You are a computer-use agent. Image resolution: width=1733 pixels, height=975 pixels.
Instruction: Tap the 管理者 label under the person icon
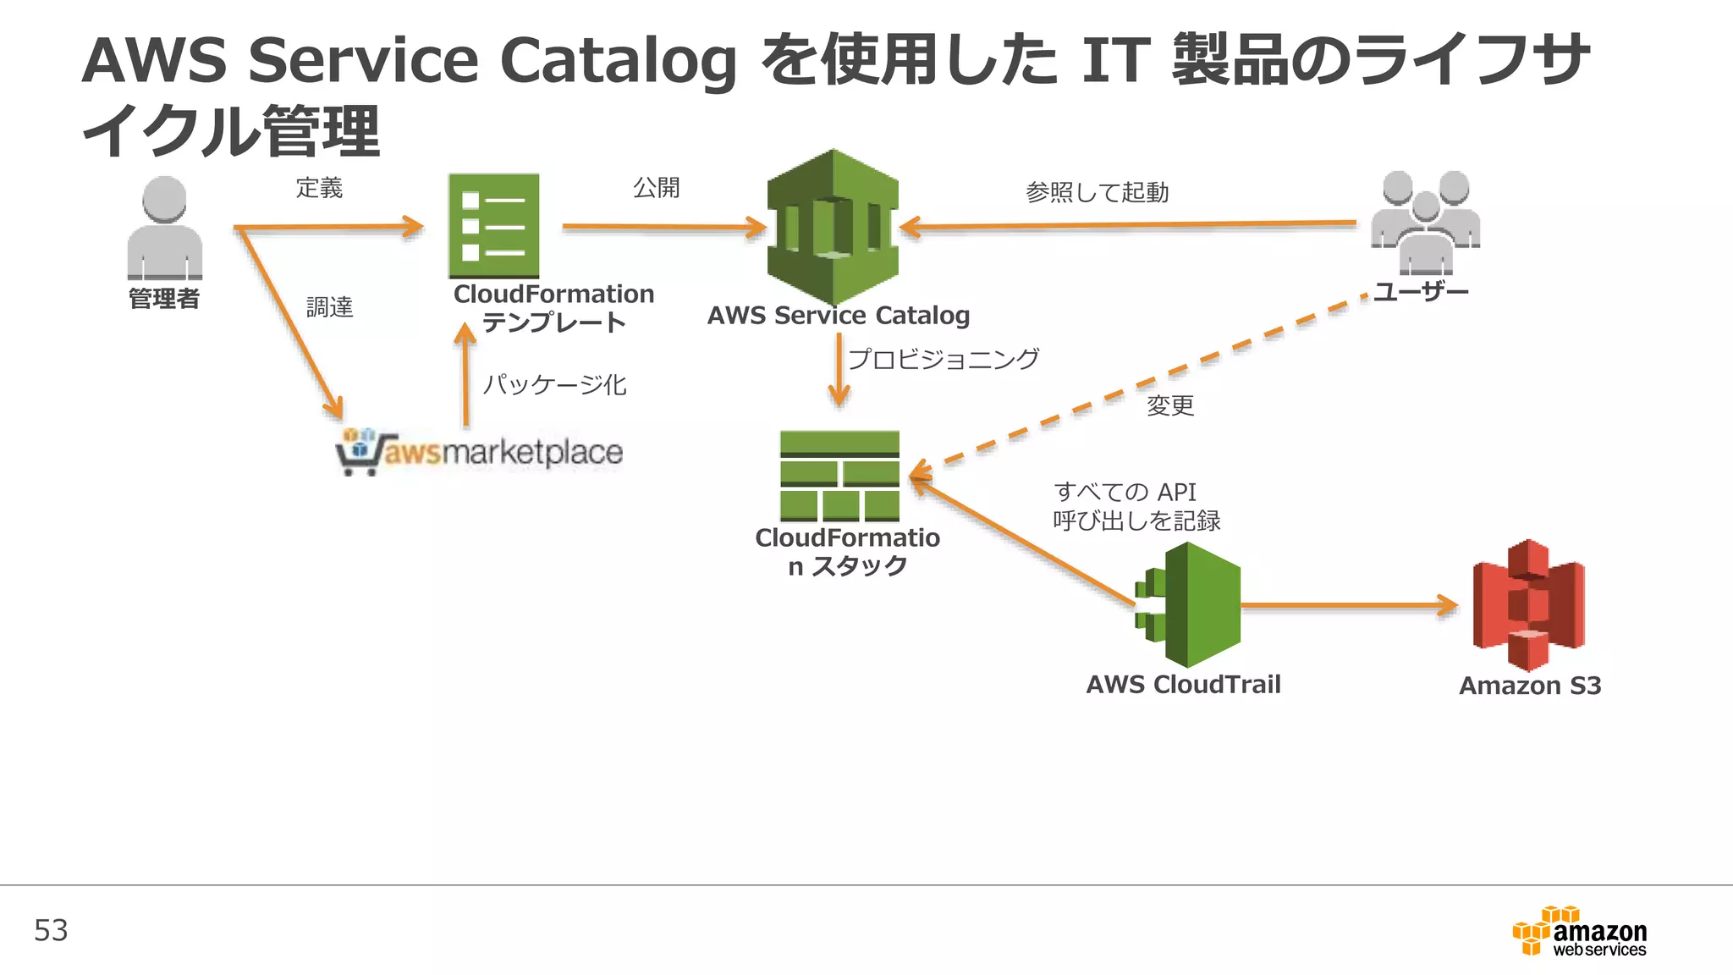click(x=164, y=299)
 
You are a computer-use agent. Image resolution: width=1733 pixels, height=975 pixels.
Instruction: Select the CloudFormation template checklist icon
click(x=493, y=226)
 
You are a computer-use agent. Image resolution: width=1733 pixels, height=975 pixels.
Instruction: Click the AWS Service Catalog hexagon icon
click(x=833, y=227)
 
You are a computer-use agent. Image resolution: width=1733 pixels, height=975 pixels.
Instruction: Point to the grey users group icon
click(x=1425, y=222)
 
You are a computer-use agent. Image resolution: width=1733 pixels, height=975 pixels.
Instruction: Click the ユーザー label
click(x=1421, y=292)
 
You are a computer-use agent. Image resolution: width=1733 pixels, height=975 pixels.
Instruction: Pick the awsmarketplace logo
click(x=480, y=451)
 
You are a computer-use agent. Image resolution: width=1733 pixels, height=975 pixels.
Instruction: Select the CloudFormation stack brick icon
click(x=839, y=476)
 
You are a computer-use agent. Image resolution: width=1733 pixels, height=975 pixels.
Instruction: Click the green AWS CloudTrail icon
click(x=1189, y=604)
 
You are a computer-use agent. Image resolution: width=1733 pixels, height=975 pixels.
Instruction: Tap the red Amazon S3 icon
click(x=1528, y=604)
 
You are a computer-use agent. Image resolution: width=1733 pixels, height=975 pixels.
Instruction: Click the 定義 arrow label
click(x=319, y=188)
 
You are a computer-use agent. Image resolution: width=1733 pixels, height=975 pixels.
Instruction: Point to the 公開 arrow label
click(x=657, y=188)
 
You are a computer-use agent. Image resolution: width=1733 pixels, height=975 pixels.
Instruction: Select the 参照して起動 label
click(x=1097, y=193)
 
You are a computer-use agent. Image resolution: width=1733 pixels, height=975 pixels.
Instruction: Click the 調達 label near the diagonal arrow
click(x=329, y=307)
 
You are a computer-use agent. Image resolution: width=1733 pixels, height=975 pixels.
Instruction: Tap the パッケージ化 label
click(x=554, y=385)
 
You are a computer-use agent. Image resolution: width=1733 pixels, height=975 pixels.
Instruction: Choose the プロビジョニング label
click(x=943, y=359)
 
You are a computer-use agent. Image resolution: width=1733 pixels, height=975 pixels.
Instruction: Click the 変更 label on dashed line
click(x=1169, y=405)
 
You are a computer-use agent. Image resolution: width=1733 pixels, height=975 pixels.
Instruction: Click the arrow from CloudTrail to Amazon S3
click(x=1349, y=605)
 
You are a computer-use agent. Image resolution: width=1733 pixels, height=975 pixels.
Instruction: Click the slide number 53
click(x=51, y=931)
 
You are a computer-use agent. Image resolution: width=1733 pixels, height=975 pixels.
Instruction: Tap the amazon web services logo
click(x=1580, y=932)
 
